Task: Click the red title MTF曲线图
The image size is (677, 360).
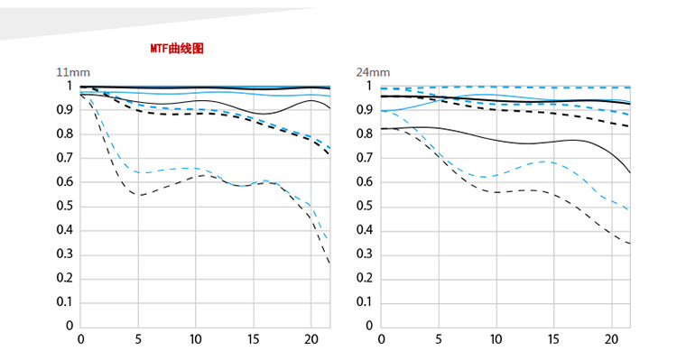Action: [177, 49]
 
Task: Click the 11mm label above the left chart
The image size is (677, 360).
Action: [73, 72]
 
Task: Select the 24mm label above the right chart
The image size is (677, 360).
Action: [373, 72]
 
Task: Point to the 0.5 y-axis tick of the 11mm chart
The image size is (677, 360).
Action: [65, 206]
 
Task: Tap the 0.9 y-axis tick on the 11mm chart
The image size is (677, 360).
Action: [65, 110]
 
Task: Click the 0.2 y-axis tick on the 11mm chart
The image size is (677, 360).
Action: [65, 278]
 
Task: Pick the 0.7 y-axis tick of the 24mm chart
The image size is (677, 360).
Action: [365, 158]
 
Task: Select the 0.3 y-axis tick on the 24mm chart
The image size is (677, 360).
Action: [365, 254]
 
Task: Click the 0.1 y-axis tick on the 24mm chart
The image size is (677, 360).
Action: [365, 301]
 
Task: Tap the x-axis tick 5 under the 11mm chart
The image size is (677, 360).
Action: [138, 339]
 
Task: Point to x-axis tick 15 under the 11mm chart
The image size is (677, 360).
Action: [254, 339]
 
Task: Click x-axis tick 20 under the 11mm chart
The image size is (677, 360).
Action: [311, 339]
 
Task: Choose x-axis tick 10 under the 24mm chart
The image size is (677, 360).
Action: [496, 339]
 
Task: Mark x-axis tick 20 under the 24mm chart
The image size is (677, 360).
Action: [611, 339]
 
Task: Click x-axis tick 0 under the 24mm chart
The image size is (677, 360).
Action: [381, 339]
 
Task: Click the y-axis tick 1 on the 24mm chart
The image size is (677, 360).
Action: [369, 86]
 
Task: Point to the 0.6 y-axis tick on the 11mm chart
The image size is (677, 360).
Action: [65, 181]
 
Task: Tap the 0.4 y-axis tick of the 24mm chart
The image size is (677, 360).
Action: [365, 230]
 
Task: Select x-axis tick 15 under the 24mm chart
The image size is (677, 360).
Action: [553, 339]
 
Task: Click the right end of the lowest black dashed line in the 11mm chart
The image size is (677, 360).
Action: [329, 263]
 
